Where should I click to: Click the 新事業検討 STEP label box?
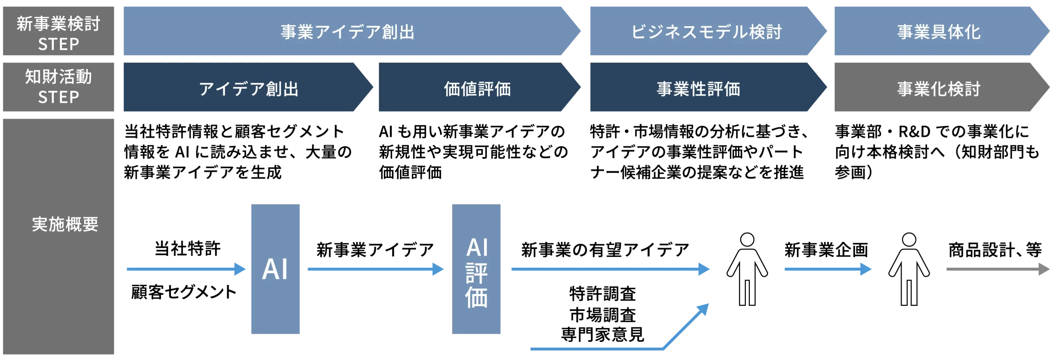pyautogui.click(x=60, y=32)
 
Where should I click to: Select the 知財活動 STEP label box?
pyautogui.click(x=60, y=88)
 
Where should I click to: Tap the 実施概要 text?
pyautogui.click(x=65, y=224)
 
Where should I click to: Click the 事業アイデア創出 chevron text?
pyautogui.click(x=348, y=32)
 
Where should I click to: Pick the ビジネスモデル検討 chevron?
pyautogui.click(x=706, y=32)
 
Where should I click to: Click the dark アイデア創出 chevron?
pyautogui.click(x=248, y=89)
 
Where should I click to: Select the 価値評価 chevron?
pyautogui.click(x=478, y=89)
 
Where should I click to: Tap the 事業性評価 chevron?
pyautogui.click(x=698, y=89)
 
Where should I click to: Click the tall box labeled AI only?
pyautogui.click(x=276, y=269)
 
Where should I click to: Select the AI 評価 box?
pyautogui.click(x=477, y=269)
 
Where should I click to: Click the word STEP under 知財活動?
pyautogui.click(x=58, y=97)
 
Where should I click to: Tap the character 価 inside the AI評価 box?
pyautogui.click(x=477, y=297)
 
